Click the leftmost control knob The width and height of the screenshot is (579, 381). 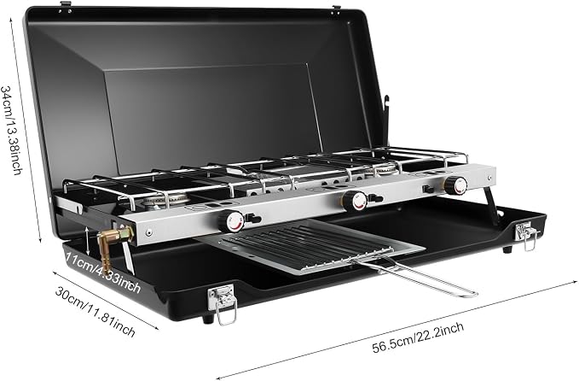[231, 221]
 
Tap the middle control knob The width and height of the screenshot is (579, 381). [355, 200]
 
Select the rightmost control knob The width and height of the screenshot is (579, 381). [456, 185]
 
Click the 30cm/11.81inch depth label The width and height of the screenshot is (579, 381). [96, 311]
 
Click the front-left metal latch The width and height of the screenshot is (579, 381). [223, 302]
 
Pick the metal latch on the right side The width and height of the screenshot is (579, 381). [527, 235]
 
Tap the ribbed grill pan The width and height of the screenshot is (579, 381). [310, 245]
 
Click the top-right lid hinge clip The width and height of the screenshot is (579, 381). [336, 10]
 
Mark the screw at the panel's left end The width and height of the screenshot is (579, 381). [149, 232]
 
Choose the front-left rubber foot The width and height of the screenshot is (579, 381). [208, 319]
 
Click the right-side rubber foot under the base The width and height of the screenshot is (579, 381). [507, 249]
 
